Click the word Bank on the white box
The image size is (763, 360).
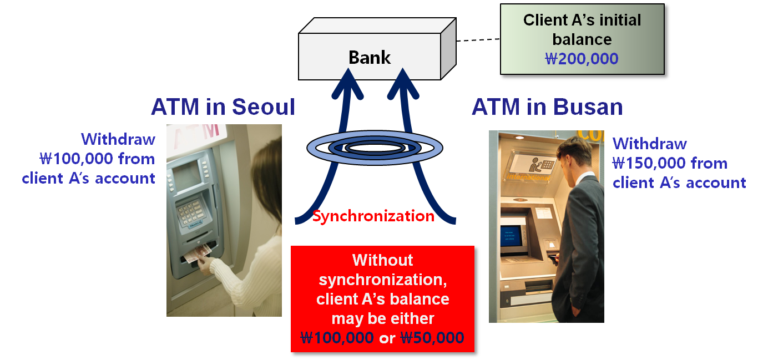pos(370,57)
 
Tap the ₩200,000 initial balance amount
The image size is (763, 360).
pos(582,58)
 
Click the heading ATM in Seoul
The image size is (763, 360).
pos(223,107)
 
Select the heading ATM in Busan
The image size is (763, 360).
pos(547,107)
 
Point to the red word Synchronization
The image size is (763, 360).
pos(373,216)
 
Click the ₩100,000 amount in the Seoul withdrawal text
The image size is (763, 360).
pos(72,159)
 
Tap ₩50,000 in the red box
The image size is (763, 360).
pos(432,337)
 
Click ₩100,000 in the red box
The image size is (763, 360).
pos(337,337)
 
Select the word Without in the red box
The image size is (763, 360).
pos(382,260)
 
